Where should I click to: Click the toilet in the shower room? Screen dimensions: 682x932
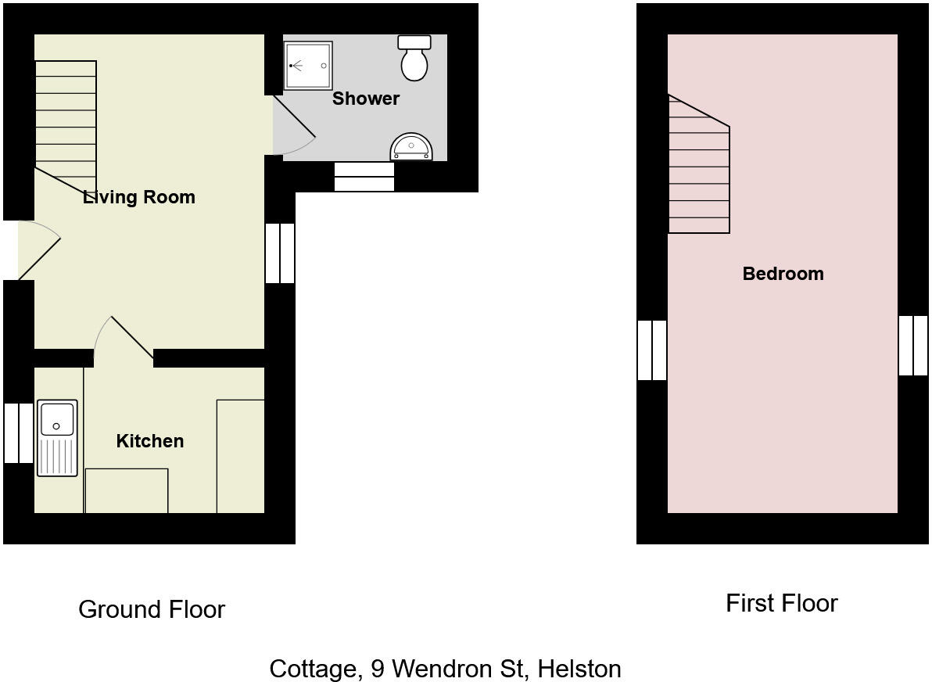(414, 59)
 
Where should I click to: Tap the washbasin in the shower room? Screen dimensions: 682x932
(411, 148)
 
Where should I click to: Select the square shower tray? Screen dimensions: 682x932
(308, 66)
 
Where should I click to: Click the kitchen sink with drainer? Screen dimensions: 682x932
(57, 438)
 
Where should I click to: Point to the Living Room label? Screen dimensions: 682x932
(139, 197)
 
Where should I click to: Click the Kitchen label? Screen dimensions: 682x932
(150, 441)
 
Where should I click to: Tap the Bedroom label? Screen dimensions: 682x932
(783, 274)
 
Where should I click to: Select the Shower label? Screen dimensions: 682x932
(366, 99)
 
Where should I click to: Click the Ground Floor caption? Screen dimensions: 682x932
(152, 609)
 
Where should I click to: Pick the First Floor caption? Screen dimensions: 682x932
(781, 603)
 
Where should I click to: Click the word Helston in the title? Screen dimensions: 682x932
(579, 669)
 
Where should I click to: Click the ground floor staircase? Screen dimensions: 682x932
(66, 125)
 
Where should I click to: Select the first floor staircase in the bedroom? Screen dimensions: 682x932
(698, 172)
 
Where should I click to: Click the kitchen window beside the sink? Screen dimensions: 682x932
(19, 433)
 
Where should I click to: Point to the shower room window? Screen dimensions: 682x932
(364, 177)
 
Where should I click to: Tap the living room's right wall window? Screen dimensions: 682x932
(280, 253)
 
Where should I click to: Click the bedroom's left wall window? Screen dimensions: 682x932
(652, 350)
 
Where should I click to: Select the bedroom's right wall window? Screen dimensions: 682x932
(912, 346)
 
